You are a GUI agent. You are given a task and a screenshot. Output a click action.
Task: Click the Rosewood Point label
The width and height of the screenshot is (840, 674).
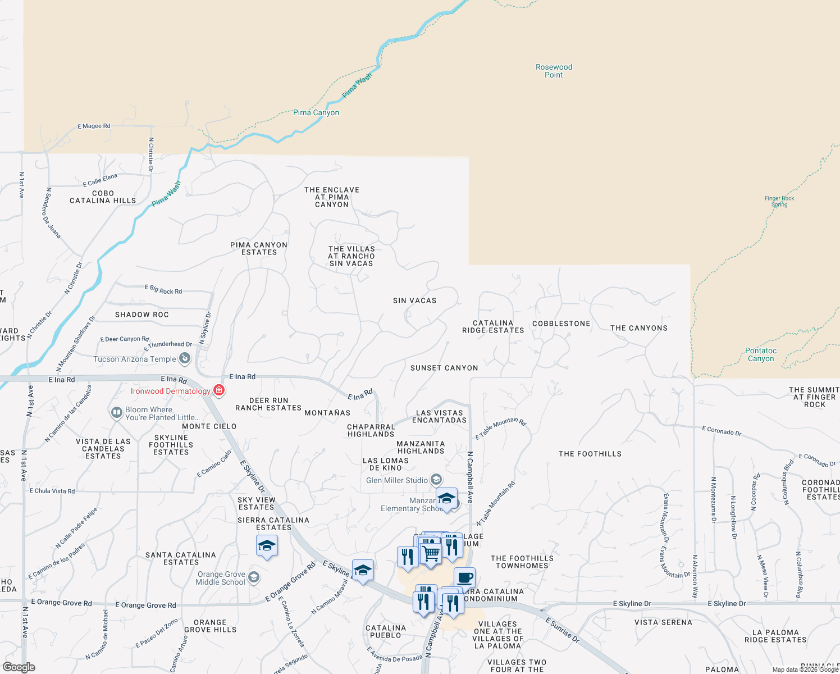tap(554, 71)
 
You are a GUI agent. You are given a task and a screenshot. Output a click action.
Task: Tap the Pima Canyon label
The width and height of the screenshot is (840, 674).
tap(316, 113)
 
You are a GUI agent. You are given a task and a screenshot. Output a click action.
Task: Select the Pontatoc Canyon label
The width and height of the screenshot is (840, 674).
tap(761, 354)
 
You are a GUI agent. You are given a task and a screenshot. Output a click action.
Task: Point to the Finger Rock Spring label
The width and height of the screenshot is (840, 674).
tap(779, 201)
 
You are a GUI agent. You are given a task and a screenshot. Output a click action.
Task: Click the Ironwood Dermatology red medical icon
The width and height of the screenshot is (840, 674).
tap(218, 390)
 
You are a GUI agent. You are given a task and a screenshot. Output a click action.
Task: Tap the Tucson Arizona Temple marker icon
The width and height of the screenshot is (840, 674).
tap(184, 358)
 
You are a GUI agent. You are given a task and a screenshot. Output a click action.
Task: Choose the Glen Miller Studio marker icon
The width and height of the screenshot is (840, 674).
tap(436, 480)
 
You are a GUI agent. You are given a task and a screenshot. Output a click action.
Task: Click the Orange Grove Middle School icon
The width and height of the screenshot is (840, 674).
tap(254, 577)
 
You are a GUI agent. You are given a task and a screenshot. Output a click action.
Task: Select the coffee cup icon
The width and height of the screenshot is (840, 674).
tap(464, 577)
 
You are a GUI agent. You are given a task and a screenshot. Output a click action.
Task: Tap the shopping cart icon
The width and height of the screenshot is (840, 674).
tap(431, 553)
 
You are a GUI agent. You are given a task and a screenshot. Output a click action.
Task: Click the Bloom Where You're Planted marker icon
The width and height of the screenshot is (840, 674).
tap(117, 413)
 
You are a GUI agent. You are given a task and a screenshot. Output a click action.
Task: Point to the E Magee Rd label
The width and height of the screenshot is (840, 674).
tap(94, 126)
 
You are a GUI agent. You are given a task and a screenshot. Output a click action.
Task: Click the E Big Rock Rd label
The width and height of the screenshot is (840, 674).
tap(163, 290)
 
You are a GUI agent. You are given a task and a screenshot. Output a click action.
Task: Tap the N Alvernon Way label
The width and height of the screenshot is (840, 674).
tap(695, 576)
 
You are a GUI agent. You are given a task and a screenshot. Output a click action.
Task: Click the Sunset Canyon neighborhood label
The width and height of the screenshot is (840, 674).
tap(444, 368)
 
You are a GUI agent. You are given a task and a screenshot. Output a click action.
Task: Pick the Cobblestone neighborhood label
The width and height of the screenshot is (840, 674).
tap(561, 324)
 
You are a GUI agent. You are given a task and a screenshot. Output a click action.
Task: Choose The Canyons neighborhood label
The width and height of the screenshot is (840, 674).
tap(639, 328)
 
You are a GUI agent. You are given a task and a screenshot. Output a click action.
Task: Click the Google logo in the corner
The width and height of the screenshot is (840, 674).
tap(19, 667)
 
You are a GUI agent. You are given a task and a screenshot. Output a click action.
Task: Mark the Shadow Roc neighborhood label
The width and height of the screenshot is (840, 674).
tap(142, 315)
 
